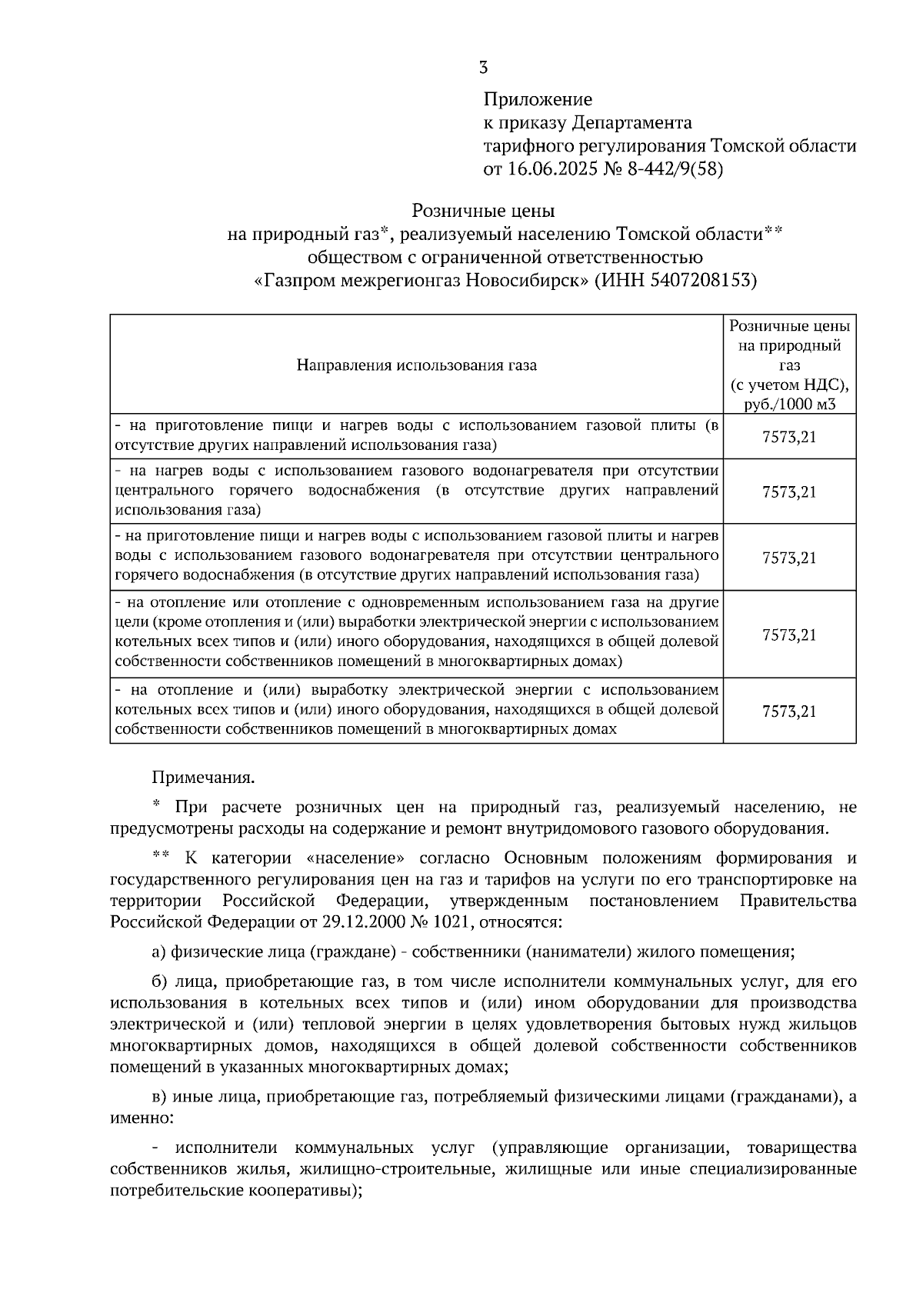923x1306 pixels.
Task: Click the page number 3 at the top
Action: point(483,68)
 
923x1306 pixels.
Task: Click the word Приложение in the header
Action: point(538,99)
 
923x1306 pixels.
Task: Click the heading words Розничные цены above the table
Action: point(483,210)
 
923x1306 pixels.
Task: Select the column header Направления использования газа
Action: point(416,365)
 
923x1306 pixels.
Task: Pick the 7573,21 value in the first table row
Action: point(789,437)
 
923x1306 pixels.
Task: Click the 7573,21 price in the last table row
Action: point(789,711)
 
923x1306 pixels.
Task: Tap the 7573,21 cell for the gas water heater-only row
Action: point(789,492)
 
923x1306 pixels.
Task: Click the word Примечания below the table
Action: point(203,778)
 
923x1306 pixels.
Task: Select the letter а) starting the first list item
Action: point(158,952)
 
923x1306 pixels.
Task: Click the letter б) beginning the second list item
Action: point(158,982)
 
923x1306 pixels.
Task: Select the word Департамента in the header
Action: point(631,122)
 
